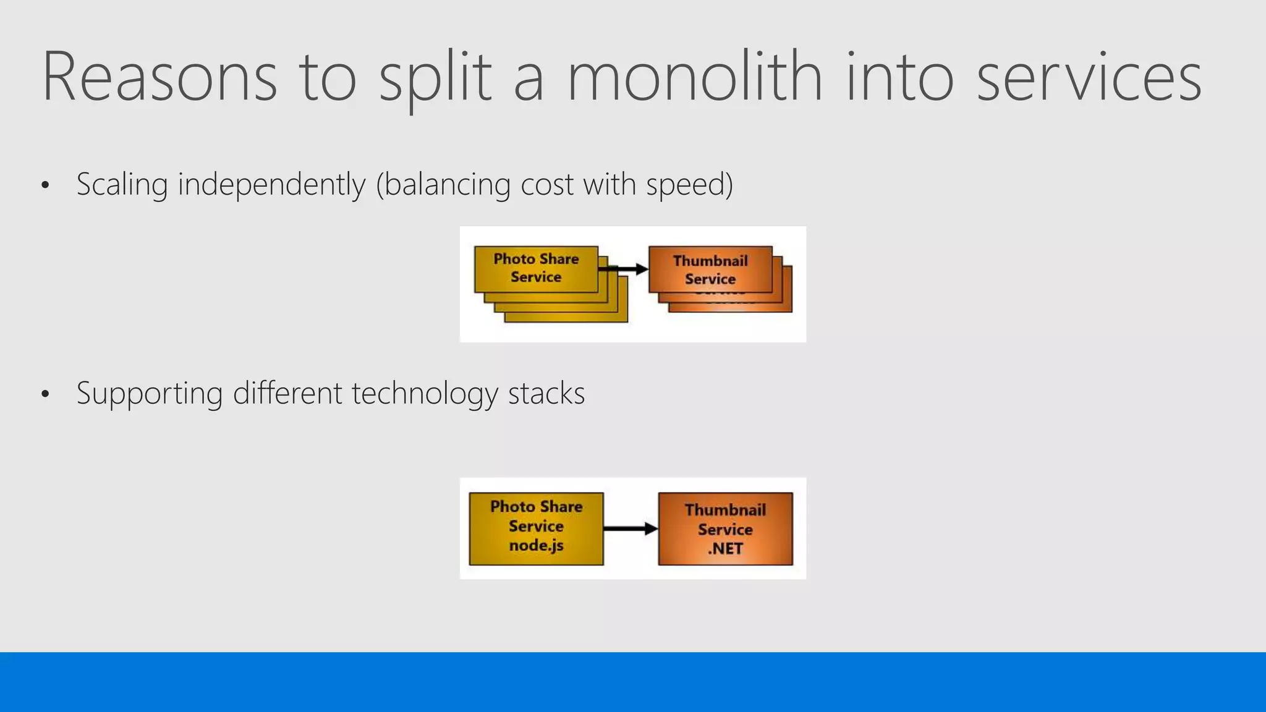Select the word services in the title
(1089, 78)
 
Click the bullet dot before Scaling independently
(45, 185)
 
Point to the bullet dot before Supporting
(45, 394)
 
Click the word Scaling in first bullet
(122, 185)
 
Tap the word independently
(271, 185)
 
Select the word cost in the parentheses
(546, 185)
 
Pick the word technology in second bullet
(425, 394)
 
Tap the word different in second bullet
(287, 394)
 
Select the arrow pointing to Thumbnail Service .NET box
(631, 528)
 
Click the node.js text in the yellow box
(536, 546)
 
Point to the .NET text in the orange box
(725, 549)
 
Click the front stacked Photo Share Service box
(536, 269)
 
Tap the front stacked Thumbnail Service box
(710, 270)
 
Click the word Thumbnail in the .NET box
(725, 510)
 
